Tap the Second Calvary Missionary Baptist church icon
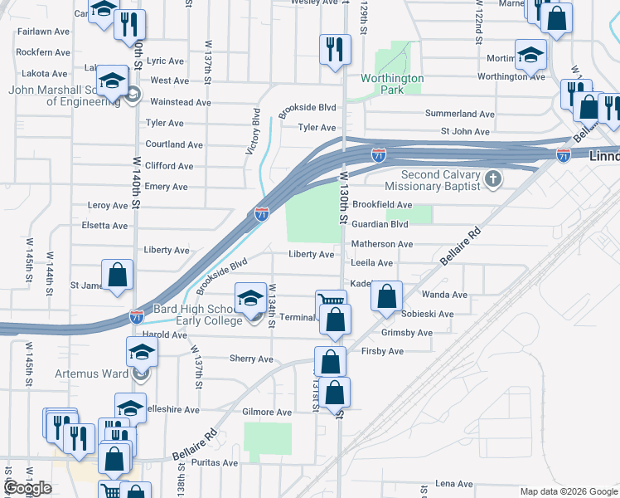[492, 178]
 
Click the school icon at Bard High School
[251, 297]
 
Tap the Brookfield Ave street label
[382, 204]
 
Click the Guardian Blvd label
[380, 224]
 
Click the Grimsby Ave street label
[406, 333]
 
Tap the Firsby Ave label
[382, 351]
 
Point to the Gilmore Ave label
[267, 412]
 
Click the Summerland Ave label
[460, 114]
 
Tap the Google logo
[27, 487]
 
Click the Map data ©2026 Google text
[568, 491]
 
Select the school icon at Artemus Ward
[142, 352]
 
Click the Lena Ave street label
[453, 483]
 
